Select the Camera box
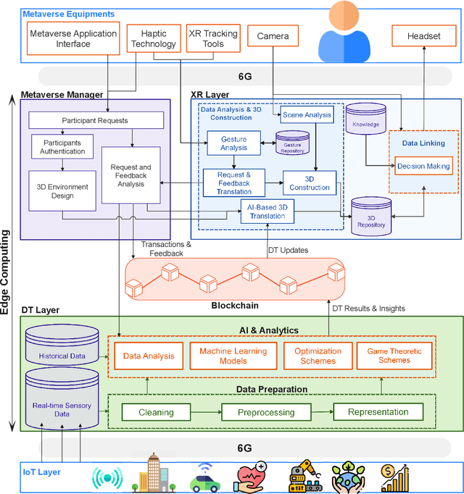[273, 35]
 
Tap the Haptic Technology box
[153, 38]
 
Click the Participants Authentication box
[57, 148]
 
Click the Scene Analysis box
[306, 114]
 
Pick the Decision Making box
[423, 166]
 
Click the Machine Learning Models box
[233, 356]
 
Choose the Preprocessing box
[267, 412]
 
